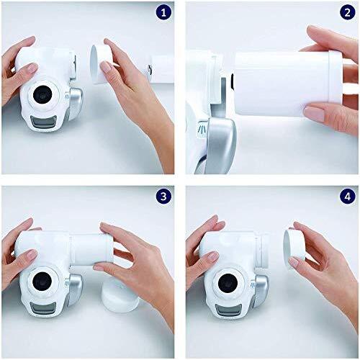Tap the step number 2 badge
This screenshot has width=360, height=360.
[347, 14]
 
